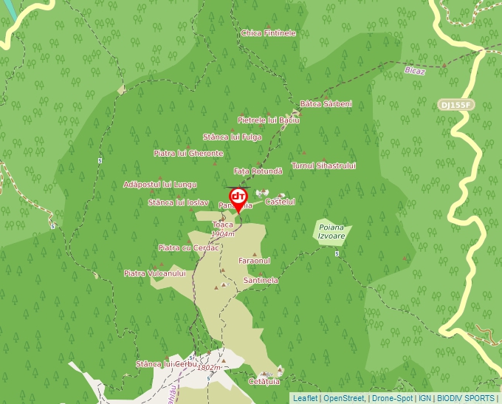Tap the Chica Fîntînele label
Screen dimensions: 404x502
(268, 33)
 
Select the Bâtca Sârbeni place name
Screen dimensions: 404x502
(326, 103)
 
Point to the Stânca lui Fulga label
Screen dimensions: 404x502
(233, 137)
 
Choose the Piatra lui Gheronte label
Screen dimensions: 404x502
(188, 154)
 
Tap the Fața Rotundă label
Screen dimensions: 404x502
(258, 171)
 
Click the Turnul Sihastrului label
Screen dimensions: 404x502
(323, 165)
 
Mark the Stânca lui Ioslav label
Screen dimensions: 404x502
(178, 202)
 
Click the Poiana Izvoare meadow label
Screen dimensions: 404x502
(331, 231)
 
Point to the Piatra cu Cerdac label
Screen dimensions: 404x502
(189, 247)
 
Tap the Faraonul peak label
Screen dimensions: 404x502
(255, 261)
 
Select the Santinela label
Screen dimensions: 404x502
(261, 281)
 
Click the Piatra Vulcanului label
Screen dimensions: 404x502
(154, 273)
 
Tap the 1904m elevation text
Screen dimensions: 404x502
(222, 234)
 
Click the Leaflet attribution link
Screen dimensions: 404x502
(305, 398)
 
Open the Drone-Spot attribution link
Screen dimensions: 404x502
(393, 398)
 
